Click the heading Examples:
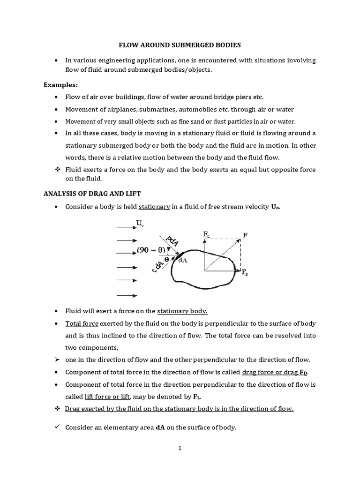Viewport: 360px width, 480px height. pyautogui.click(x=60, y=85)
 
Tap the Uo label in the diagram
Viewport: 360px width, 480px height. pyautogui.click(x=140, y=223)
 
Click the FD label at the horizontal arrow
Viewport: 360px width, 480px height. pyautogui.click(x=245, y=272)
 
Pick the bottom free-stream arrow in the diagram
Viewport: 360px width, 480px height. pyautogui.click(x=127, y=295)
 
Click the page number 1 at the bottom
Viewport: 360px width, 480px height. pyautogui.click(x=180, y=448)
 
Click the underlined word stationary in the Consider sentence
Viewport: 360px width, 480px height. pyautogui.click(x=154, y=207)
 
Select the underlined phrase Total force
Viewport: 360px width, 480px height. pyautogui.click(x=82, y=323)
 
